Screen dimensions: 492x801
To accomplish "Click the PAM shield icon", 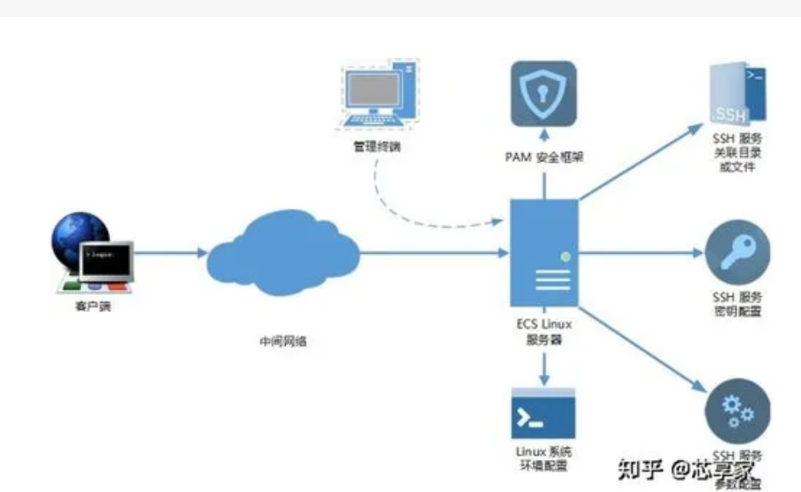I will tap(544, 92).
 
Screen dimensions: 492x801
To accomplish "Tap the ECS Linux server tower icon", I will tap(545, 253).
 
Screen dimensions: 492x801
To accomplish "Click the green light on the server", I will tap(565, 257).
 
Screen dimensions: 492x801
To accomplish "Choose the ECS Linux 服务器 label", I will tap(545, 333).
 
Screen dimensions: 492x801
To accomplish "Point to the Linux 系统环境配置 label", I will tap(543, 459).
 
